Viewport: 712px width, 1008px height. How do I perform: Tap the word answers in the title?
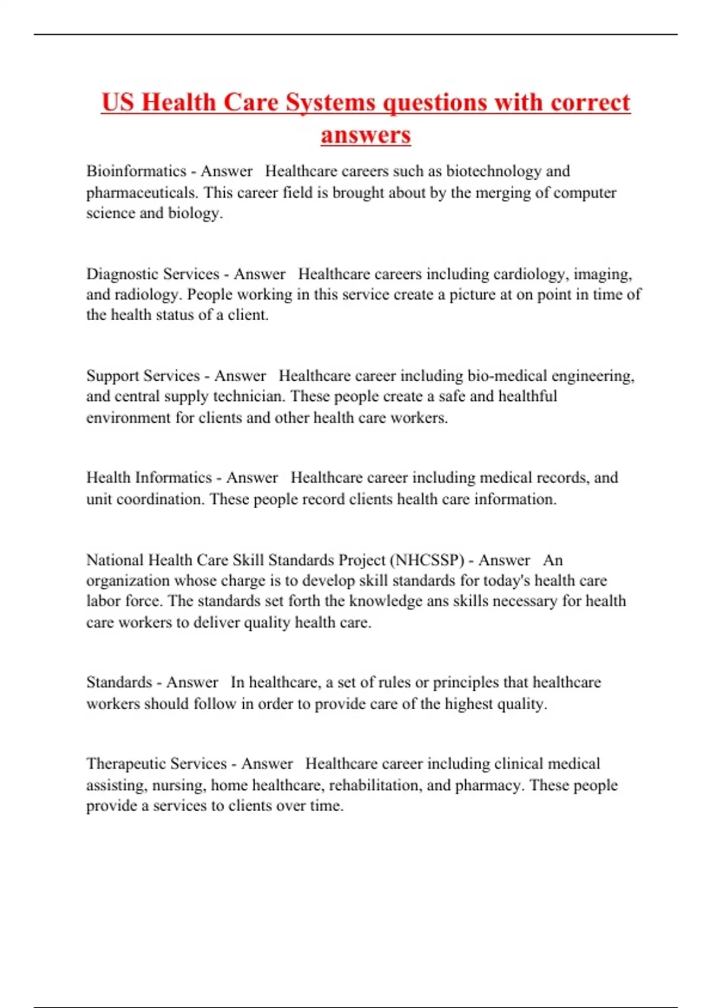pyautogui.click(x=365, y=135)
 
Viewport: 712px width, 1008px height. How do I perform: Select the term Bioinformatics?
pyautogui.click(x=136, y=171)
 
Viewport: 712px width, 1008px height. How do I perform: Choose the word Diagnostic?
pyautogui.click(x=122, y=274)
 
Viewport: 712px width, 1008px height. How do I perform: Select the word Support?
pyautogui.click(x=113, y=376)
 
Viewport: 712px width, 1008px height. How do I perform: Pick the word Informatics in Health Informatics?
pyautogui.click(x=173, y=478)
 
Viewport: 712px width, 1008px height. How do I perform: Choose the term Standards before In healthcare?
pyautogui.click(x=119, y=682)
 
